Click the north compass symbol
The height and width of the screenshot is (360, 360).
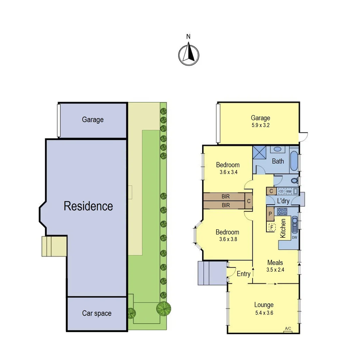coord(188,54)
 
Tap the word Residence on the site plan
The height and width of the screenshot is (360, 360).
coord(88,206)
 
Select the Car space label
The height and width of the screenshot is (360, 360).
coord(97,313)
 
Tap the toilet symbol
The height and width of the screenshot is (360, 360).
coord(294,181)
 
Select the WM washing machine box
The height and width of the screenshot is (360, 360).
coord(288,191)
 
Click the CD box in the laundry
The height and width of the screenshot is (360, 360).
coord(281,191)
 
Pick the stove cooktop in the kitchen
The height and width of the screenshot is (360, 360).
coord(282,211)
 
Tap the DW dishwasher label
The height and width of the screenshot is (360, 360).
coord(294,237)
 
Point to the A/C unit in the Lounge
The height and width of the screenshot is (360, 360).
coord(288,329)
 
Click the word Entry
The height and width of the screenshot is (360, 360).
coord(243,274)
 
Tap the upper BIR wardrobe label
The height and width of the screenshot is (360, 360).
coord(225,197)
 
